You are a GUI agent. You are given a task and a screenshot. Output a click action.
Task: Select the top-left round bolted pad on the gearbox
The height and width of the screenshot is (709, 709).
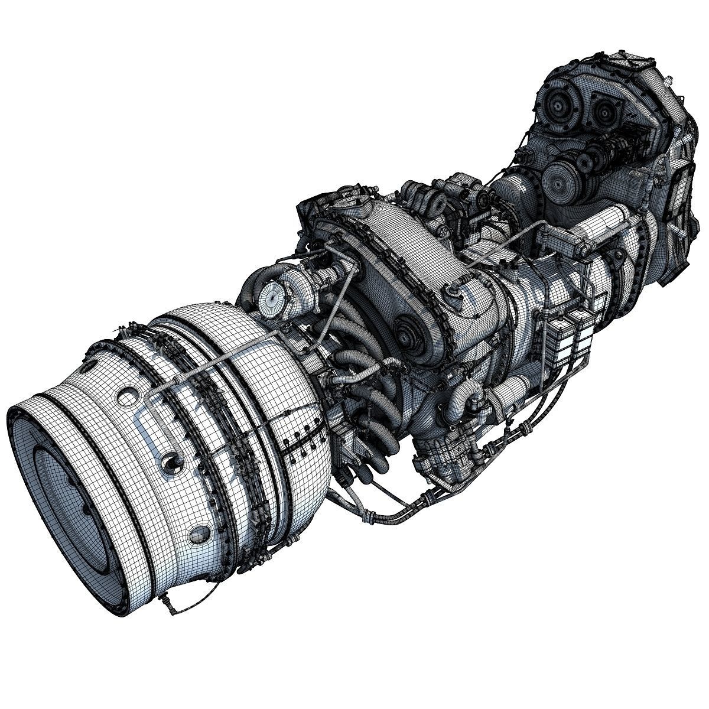click(x=556, y=106)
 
